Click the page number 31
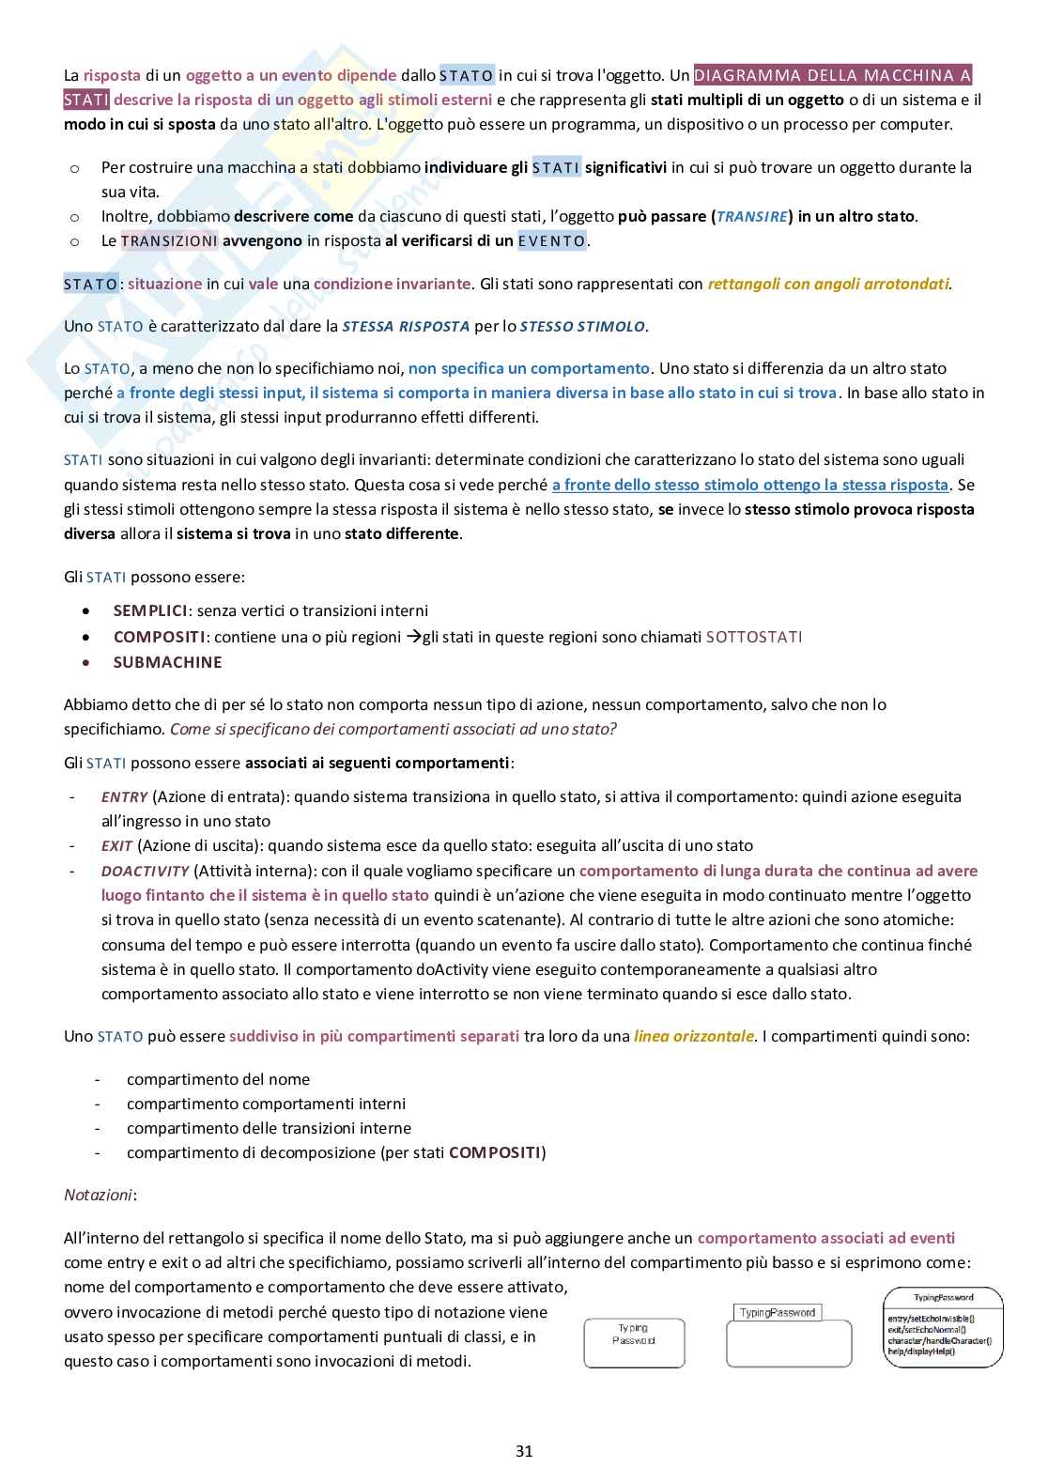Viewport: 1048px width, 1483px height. point(524,1451)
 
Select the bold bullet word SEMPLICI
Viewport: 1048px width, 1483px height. point(150,610)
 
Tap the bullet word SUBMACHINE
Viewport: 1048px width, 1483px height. point(167,662)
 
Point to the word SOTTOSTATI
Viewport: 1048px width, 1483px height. point(753,637)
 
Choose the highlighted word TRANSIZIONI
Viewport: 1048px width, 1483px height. point(169,240)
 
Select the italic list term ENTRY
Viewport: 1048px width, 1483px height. point(124,796)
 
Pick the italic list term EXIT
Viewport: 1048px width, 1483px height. point(116,845)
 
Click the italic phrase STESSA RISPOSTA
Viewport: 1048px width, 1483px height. point(406,327)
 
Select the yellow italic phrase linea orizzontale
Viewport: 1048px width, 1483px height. point(694,1036)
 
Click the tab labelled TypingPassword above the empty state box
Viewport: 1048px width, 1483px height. point(777,1312)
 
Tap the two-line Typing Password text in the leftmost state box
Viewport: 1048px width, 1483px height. point(634,1334)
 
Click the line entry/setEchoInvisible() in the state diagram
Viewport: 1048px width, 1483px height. point(929,1319)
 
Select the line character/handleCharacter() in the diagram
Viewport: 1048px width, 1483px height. point(938,1340)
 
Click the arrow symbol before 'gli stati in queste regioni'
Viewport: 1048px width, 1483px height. point(413,637)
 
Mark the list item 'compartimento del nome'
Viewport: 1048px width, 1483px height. point(218,1079)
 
